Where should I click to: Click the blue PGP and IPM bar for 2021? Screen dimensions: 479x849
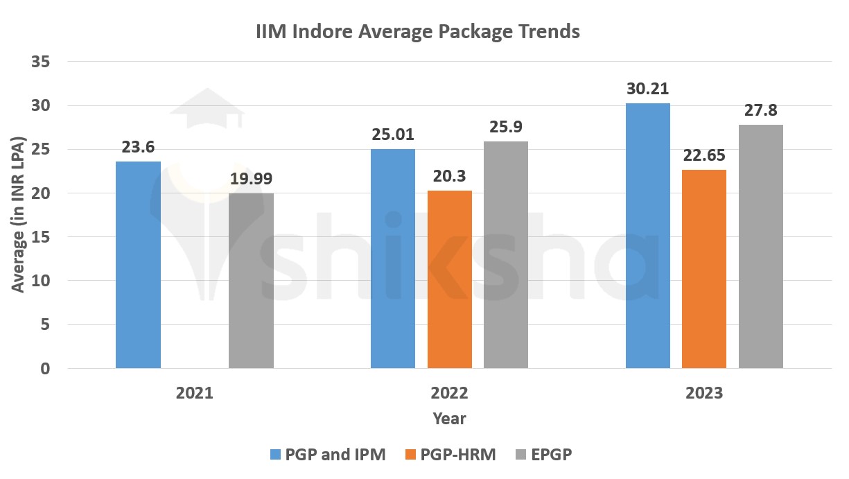pyautogui.click(x=138, y=265)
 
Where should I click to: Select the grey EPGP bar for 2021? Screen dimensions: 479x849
pyautogui.click(x=251, y=281)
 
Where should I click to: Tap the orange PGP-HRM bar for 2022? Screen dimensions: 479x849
pyautogui.click(x=450, y=279)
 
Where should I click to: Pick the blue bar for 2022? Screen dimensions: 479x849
pyautogui.click(x=393, y=259)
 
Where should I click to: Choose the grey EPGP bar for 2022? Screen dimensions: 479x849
pyautogui.click(x=506, y=254)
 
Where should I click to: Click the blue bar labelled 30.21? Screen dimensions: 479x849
pyautogui.click(x=647, y=236)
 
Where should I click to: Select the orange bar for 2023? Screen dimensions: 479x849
pyautogui.click(x=704, y=269)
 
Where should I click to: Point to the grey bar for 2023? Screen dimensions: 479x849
pyautogui.click(x=760, y=246)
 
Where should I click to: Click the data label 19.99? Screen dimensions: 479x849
pyautogui.click(x=251, y=180)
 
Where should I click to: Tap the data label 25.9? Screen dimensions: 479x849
pyautogui.click(x=506, y=128)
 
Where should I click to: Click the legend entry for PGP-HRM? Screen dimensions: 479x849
pyautogui.click(x=450, y=455)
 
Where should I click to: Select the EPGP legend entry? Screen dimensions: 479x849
pyautogui.click(x=545, y=455)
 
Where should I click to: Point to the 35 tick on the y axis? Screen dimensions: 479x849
pyautogui.click(x=41, y=62)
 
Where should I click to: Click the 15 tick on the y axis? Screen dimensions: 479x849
pyautogui.click(x=41, y=237)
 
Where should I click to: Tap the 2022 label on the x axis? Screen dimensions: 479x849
pyautogui.click(x=449, y=393)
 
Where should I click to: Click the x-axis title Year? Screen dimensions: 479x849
pyautogui.click(x=449, y=419)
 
